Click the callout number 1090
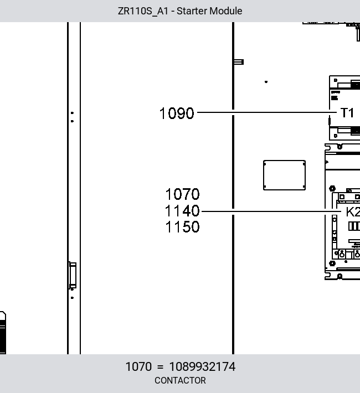177,113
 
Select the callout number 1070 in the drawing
182,194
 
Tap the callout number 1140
182,211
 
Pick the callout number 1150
182,227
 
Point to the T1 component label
347,113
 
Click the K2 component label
353,212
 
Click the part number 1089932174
203,366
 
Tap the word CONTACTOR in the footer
180,380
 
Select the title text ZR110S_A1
143,11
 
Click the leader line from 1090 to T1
267,112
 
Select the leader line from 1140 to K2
271,211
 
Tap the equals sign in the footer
160,367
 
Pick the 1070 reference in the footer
138,366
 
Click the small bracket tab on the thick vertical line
239,61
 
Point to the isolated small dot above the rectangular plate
266,82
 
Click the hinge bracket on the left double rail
73,276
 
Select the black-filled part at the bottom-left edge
3,333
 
